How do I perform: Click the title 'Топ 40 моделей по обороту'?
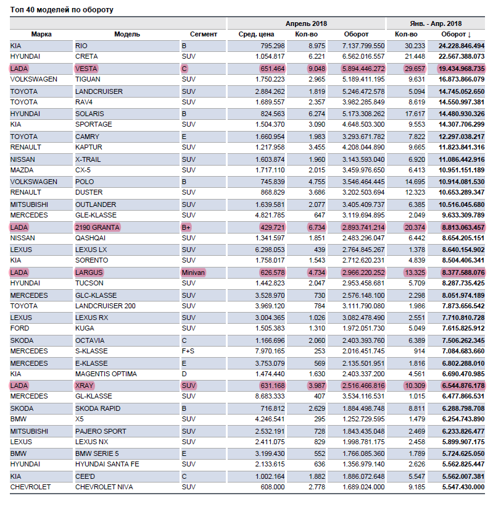[x=62, y=10]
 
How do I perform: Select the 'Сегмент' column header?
[x=203, y=34]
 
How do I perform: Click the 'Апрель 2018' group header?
[x=306, y=23]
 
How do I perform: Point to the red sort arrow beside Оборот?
[x=470, y=34]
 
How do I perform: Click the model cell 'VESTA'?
[x=86, y=69]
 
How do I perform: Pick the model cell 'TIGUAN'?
[x=88, y=80]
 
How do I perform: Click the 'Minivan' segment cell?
[x=193, y=272]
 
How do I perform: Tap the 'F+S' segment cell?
[x=188, y=352]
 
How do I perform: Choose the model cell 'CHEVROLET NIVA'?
[x=104, y=487]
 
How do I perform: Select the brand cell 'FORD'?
[x=20, y=329]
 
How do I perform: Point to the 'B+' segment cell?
[x=186, y=227]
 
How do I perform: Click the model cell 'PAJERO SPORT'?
[x=101, y=431]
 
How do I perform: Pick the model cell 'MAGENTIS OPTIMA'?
[x=106, y=374]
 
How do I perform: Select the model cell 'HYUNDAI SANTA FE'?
[x=107, y=465]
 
